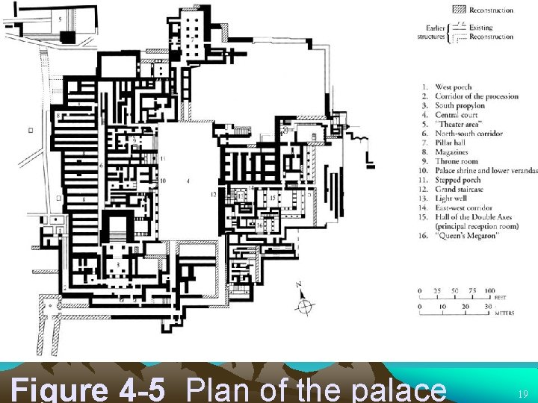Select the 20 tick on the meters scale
[466, 307]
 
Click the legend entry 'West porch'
[453, 87]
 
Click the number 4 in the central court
[188, 181]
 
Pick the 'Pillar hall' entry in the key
[452, 143]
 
